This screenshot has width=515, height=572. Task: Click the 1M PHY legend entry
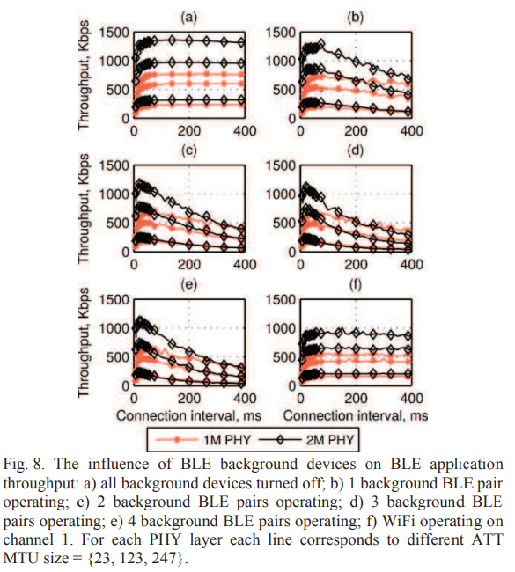pos(203,440)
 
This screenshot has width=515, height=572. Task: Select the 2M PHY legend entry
pos(306,440)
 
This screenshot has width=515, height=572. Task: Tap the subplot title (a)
pos(189,17)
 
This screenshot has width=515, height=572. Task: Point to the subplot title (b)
pos(356,17)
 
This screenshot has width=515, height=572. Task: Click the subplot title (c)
pos(189,150)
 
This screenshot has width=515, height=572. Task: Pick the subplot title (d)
pos(356,150)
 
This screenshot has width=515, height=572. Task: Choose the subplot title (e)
pos(189,284)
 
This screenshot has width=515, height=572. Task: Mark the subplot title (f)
pos(356,284)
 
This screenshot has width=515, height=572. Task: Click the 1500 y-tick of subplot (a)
pos(114,33)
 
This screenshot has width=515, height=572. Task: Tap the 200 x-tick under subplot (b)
pos(356,130)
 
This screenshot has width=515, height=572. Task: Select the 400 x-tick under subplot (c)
pos(245,264)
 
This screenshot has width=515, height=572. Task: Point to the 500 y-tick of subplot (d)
pos(284,223)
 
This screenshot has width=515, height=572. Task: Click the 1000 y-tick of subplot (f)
pos(280,328)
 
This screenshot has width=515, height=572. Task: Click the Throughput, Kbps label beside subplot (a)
pos(84,75)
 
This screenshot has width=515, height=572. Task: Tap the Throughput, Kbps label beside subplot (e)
pos(84,342)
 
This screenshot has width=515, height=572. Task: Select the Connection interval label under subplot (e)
pos(188,415)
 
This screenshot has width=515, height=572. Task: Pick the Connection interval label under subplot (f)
pos(356,415)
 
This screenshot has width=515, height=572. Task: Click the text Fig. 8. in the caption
pos(24,465)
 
